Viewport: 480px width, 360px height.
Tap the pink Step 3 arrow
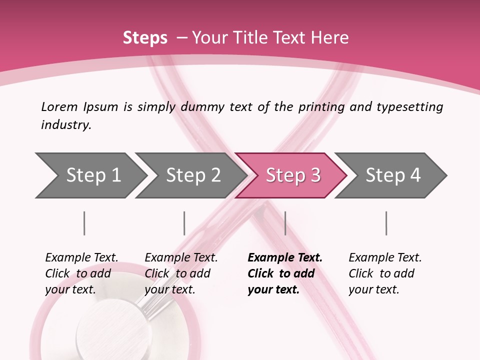[292, 175]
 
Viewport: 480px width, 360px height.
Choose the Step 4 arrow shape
[392, 175]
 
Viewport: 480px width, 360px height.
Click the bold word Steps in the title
[145, 38]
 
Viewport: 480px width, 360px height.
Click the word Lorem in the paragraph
[59, 106]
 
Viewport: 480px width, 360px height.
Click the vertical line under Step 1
[84, 223]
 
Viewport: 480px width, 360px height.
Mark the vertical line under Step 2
[184, 223]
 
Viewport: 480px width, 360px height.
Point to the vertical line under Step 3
[285, 223]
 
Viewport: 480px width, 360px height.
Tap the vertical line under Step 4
[386, 223]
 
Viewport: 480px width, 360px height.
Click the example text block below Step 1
[81, 273]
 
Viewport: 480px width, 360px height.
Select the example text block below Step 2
[181, 273]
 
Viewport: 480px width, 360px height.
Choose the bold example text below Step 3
[285, 273]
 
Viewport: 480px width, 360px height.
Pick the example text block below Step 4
[385, 273]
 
